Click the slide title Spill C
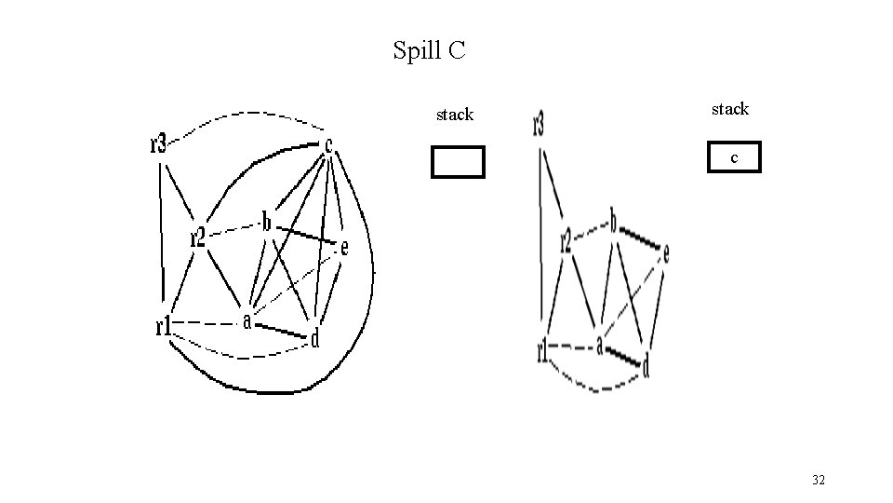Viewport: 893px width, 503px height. (x=429, y=50)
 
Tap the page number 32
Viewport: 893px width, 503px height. (x=819, y=480)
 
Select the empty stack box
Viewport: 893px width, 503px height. (x=458, y=162)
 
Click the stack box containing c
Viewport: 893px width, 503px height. (x=734, y=157)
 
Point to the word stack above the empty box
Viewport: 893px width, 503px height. (x=455, y=115)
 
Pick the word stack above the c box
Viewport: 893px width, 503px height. (x=730, y=109)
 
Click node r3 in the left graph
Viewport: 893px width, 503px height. (x=158, y=143)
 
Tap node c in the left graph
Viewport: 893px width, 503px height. (x=328, y=144)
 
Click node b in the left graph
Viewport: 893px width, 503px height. (x=266, y=223)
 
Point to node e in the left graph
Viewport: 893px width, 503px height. (x=344, y=248)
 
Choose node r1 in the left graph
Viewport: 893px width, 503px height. (x=163, y=326)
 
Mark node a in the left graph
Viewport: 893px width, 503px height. (x=247, y=321)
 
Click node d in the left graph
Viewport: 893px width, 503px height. (x=315, y=339)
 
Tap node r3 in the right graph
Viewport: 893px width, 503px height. (x=539, y=125)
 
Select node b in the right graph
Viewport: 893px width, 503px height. (x=613, y=222)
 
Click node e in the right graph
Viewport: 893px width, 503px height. (x=666, y=252)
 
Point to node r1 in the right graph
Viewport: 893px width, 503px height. (x=541, y=350)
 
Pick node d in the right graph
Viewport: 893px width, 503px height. (x=646, y=367)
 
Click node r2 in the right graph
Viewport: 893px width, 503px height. (x=566, y=243)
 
